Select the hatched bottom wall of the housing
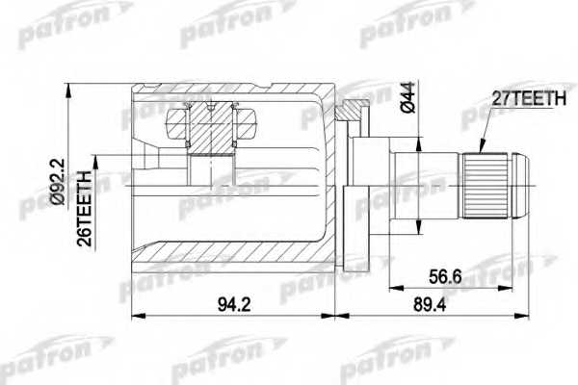coord(231,268)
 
